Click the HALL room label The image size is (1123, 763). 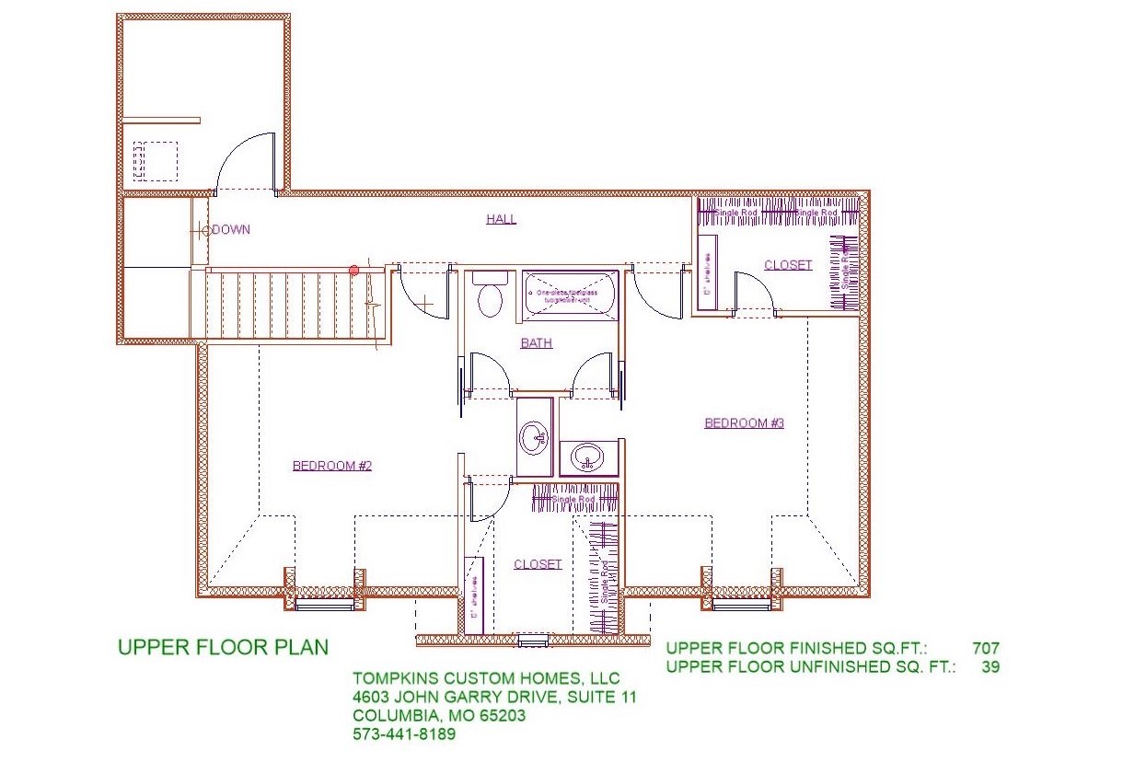[x=501, y=219]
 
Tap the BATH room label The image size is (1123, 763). [x=537, y=343]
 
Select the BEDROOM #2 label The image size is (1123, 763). [x=331, y=466]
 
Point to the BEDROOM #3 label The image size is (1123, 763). [x=744, y=423]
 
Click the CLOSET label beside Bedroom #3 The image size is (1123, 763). [x=788, y=265]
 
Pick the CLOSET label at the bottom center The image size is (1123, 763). [x=538, y=564]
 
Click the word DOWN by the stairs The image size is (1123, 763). [x=230, y=230]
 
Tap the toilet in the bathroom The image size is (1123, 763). [x=489, y=295]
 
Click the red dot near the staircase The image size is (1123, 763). [x=353, y=270]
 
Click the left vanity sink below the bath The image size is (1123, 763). [x=533, y=437]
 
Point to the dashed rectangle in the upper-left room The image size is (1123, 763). [x=155, y=161]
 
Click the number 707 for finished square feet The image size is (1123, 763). [x=984, y=649]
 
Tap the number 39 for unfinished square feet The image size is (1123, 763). [x=990, y=667]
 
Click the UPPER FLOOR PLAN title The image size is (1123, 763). [x=223, y=647]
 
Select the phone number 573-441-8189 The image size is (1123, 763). [x=404, y=734]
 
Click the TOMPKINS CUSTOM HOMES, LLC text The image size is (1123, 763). [x=486, y=679]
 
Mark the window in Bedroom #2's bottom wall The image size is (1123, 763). [x=324, y=604]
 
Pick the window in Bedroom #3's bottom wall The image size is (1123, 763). [x=742, y=604]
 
